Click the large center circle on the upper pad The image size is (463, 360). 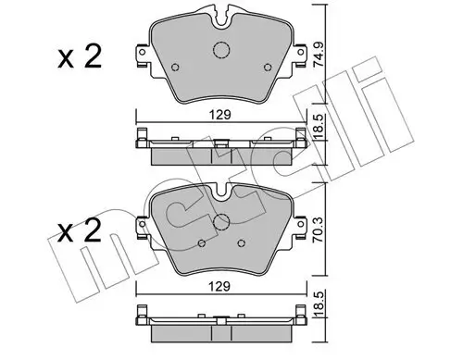221,52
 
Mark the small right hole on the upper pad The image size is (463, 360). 269,68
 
